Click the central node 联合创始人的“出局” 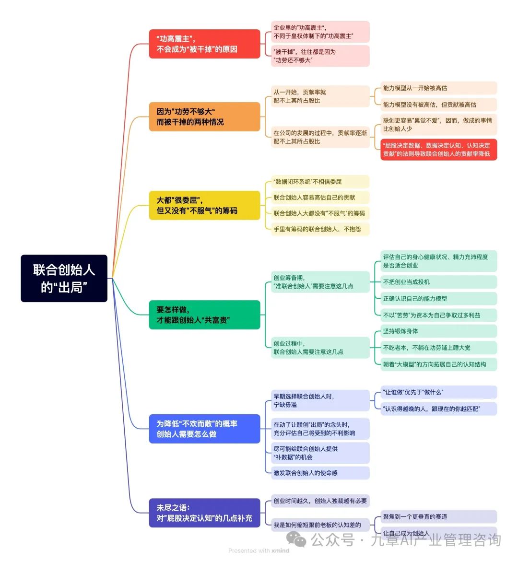pos(64,278)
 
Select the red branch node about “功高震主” pos(204,44)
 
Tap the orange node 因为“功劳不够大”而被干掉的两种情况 pos(204,117)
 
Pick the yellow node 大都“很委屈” pos(204,205)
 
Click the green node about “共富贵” pos(204,315)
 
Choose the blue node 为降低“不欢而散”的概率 pos(204,429)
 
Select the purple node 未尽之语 pos(204,513)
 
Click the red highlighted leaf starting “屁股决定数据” pos(438,150)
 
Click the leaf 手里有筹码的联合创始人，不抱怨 pos(318,229)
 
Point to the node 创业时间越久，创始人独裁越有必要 pos(320,501)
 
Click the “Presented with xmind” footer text pos(259,551)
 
